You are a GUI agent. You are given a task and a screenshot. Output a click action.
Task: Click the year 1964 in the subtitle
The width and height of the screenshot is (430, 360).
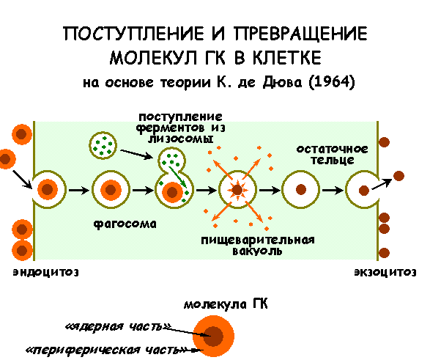(332, 82)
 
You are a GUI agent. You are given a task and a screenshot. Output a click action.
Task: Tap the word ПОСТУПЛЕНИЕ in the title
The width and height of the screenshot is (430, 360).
(133, 34)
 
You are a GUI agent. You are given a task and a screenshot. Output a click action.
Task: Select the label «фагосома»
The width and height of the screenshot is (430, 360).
(125, 224)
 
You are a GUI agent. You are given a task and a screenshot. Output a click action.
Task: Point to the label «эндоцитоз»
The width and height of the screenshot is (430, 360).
(46, 273)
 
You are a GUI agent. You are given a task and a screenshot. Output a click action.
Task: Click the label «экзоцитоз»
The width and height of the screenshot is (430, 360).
(385, 273)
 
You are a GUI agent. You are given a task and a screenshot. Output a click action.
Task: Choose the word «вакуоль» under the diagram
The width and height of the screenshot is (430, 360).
(257, 251)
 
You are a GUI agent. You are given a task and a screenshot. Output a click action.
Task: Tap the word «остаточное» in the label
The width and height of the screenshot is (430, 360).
(332, 150)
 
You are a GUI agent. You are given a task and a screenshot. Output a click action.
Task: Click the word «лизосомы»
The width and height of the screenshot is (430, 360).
(181, 139)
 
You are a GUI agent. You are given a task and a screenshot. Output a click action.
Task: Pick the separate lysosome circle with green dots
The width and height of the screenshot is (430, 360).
(103, 145)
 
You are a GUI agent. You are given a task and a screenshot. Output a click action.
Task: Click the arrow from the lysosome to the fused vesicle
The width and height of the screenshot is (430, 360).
(136, 154)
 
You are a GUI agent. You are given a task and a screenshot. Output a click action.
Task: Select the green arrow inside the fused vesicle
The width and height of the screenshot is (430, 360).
(178, 177)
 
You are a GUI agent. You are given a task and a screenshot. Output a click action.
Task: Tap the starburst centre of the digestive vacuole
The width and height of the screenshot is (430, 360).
(237, 190)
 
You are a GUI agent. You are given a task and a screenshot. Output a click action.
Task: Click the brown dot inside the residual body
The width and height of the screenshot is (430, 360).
(301, 190)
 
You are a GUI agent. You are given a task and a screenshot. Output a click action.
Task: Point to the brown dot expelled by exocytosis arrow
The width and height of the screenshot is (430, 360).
(399, 176)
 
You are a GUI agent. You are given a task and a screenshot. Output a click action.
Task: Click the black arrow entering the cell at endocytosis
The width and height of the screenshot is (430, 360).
(23, 180)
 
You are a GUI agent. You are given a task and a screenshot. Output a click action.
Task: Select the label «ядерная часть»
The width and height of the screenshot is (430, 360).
(119, 326)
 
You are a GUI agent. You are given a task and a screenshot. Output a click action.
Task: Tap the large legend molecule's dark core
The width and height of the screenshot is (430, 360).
(213, 336)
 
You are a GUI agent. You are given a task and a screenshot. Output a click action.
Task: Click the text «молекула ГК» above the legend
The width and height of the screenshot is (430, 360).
(226, 304)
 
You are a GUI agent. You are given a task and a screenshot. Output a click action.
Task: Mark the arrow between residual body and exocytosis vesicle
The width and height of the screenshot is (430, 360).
(333, 190)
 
